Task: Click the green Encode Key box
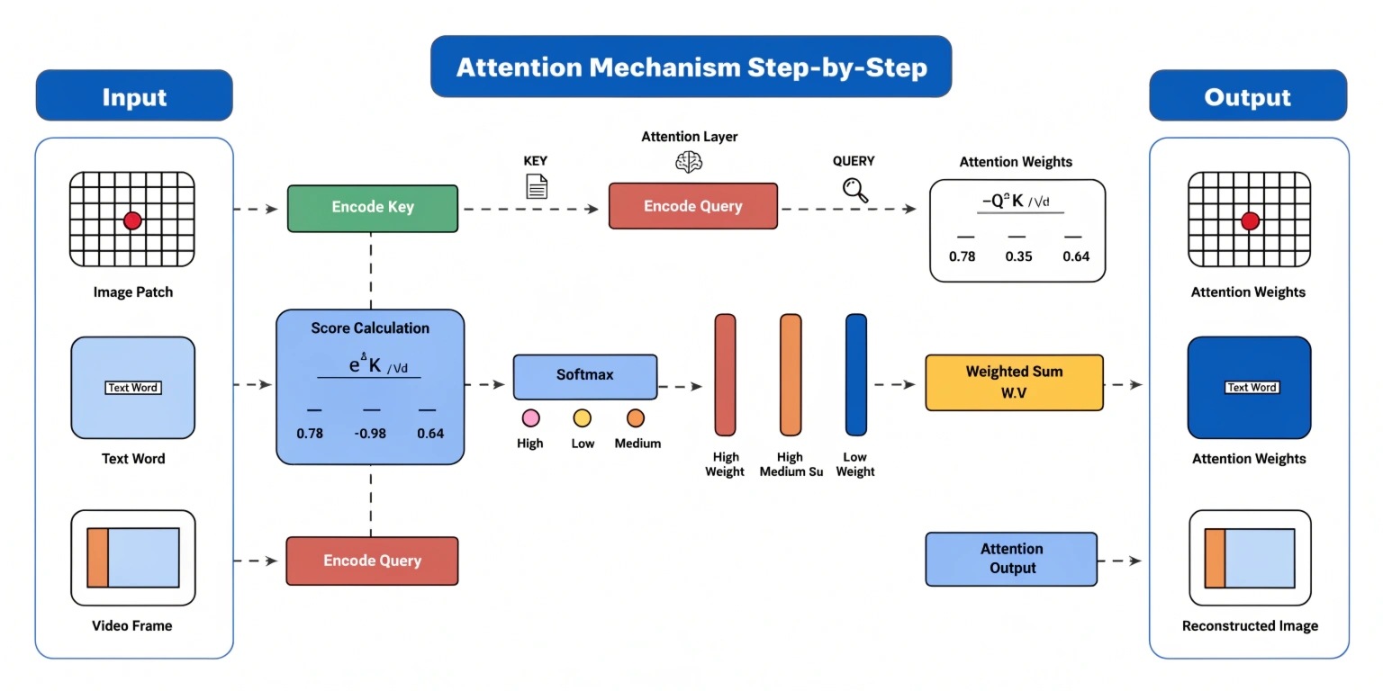tap(372, 208)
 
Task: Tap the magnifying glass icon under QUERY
tap(854, 190)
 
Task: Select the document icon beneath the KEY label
tap(536, 186)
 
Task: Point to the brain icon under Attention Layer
tap(689, 162)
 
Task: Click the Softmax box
tap(584, 376)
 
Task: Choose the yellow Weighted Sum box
tap(1014, 382)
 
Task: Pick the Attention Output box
tap(1011, 559)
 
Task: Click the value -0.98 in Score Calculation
tap(370, 434)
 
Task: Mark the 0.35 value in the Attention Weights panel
tap(1018, 256)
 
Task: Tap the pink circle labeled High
tap(530, 417)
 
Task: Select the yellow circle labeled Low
tap(583, 417)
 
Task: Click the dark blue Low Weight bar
tap(855, 374)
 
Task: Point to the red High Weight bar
tap(725, 374)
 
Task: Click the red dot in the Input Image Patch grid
tap(132, 220)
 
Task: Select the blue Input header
tap(134, 96)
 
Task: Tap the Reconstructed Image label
tap(1249, 626)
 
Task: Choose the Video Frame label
tap(133, 626)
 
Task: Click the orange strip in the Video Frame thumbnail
tap(97, 558)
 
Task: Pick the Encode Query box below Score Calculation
tap(372, 561)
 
